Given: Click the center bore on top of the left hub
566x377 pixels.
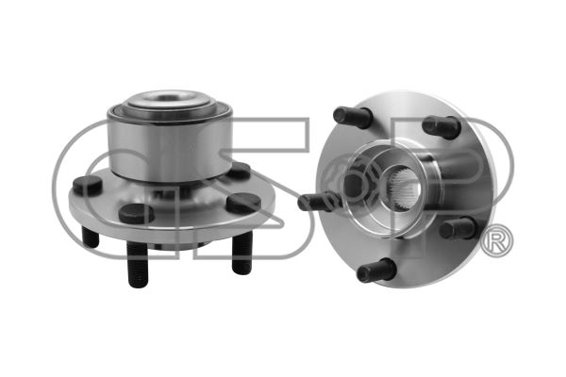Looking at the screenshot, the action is (x=168, y=97).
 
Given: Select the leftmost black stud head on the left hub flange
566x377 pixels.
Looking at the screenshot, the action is (x=88, y=185).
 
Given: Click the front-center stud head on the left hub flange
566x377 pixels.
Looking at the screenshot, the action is (x=137, y=212).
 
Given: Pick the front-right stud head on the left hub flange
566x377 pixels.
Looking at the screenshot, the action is (x=243, y=203).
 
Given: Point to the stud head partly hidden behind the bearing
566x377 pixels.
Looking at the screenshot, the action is (x=240, y=170).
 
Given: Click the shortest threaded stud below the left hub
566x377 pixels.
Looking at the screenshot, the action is (x=91, y=237).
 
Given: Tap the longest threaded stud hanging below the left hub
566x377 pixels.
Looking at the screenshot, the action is (x=138, y=264).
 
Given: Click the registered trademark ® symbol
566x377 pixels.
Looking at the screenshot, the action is (x=497, y=240).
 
